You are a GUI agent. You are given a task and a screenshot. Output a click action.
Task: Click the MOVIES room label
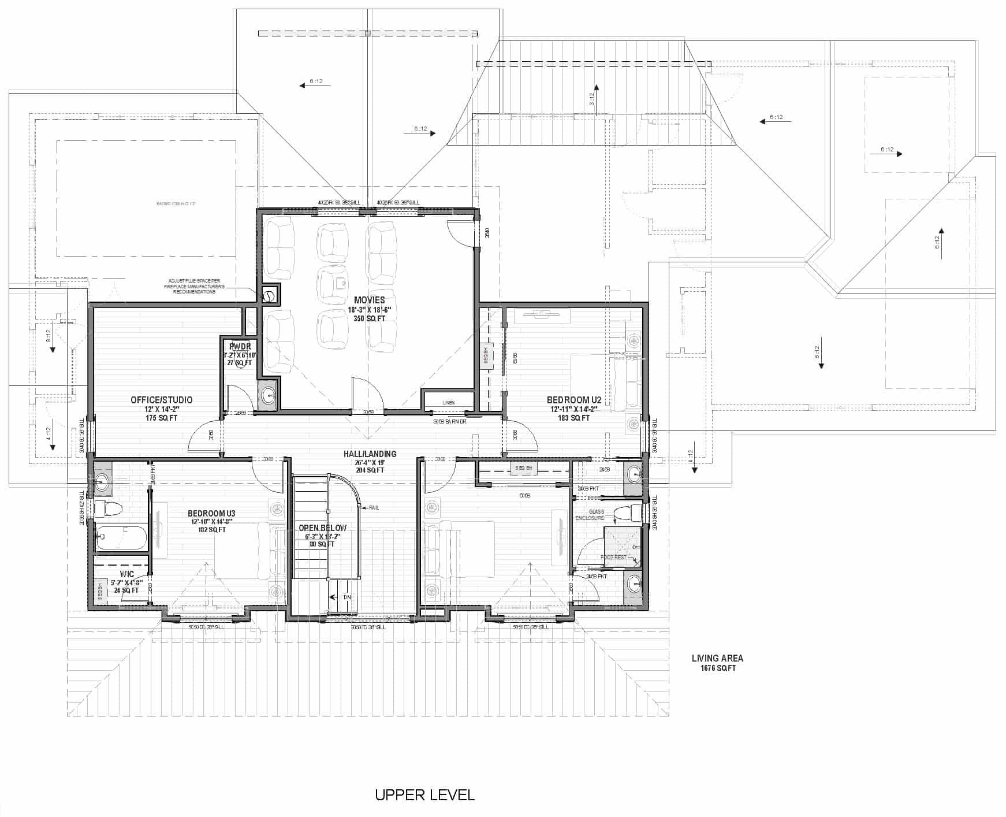point(370,300)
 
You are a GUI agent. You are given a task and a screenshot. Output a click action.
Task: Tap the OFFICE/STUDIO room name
point(162,400)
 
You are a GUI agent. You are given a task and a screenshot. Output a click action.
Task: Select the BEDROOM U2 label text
point(574,400)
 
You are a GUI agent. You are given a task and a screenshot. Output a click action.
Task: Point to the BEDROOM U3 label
point(211,513)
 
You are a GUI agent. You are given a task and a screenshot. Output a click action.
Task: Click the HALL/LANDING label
point(370,454)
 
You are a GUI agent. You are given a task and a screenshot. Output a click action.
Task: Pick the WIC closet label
point(126,574)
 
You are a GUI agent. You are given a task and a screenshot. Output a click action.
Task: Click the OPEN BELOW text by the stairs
point(322,528)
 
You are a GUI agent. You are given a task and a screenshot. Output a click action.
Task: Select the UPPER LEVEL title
point(424,795)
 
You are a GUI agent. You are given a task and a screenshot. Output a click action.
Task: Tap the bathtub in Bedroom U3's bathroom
point(121,538)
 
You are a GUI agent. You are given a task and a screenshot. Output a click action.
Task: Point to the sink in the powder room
point(268,396)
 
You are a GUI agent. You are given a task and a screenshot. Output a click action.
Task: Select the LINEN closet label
point(449,403)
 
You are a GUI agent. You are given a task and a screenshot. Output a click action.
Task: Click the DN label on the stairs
point(346,597)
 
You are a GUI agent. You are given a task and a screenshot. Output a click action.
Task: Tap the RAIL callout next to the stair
point(374,507)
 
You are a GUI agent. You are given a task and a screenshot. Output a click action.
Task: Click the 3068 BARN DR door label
point(449,422)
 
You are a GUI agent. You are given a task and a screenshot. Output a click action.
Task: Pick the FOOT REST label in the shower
point(613,558)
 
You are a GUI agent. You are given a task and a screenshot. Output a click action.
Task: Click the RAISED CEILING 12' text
point(176,204)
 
